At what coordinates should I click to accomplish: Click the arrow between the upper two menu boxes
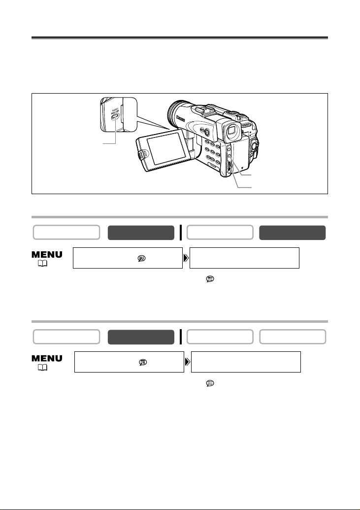(x=186, y=258)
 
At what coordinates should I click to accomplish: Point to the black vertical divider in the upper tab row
(x=181, y=233)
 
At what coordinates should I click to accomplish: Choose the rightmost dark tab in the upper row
(x=293, y=233)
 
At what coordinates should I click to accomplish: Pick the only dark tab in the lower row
(x=141, y=337)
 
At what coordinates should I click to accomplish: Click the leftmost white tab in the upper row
(x=66, y=233)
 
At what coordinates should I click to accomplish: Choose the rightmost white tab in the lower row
(x=293, y=337)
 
